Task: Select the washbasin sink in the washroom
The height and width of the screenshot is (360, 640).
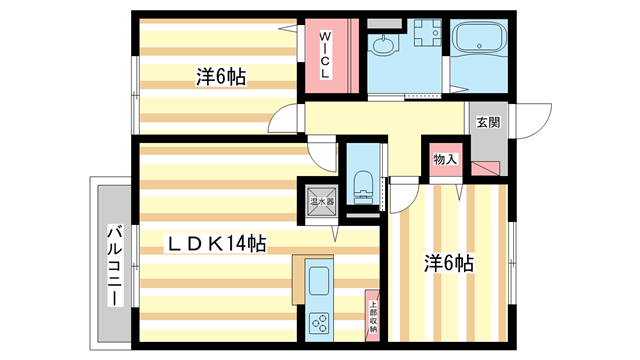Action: point(382,46)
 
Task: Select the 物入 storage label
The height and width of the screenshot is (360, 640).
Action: point(445,158)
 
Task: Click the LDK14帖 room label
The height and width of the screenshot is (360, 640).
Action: point(215,242)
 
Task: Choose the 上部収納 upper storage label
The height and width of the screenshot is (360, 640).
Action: point(372,317)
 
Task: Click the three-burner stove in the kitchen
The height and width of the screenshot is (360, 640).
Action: point(321,323)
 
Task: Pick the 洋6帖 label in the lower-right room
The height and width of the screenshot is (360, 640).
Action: point(447,264)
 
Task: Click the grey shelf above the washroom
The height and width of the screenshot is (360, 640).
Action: point(381,22)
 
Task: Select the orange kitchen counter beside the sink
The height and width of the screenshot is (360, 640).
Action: point(297,276)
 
